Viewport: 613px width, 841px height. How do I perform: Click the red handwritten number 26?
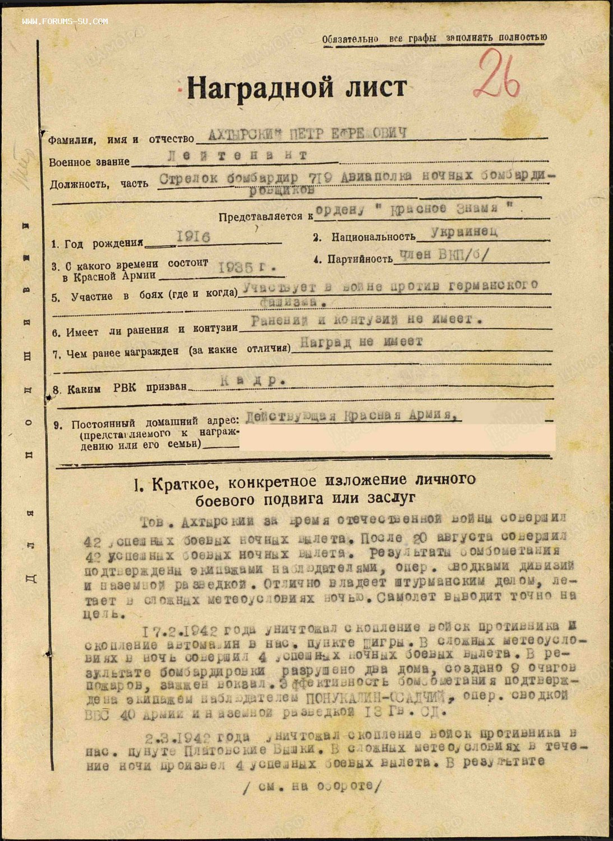pos(496,75)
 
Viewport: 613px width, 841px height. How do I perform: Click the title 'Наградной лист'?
pos(297,87)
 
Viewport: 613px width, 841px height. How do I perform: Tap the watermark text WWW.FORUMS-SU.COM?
pos(65,21)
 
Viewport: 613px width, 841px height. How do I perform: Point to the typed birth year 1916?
pos(193,237)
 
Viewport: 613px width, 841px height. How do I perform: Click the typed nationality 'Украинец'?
pos(464,231)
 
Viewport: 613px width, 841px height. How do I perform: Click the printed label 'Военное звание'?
pos(89,162)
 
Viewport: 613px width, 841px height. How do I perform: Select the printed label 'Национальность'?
pos(373,237)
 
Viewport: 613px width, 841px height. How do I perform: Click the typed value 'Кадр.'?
pos(250,380)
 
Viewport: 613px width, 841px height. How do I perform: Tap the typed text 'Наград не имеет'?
pos(361,342)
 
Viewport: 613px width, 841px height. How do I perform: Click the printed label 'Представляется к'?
pos(266,216)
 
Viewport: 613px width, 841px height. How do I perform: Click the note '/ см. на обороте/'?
pos(311,786)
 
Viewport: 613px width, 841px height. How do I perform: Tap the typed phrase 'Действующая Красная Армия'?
pos(351,416)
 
